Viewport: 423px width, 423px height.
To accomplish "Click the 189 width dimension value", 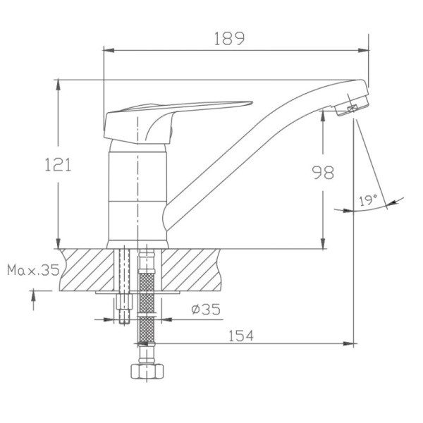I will [x=230, y=39].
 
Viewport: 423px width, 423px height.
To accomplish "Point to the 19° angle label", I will [x=367, y=201].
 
